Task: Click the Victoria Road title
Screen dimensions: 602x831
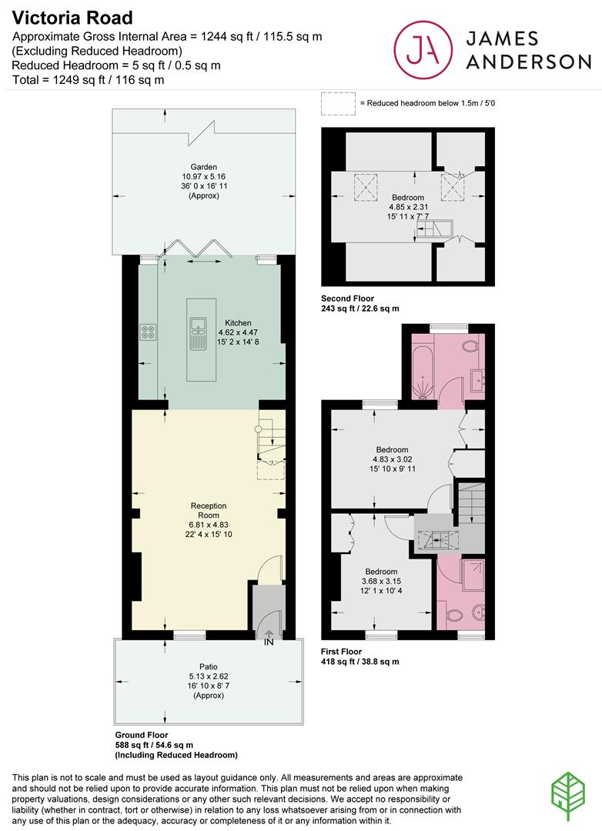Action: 72,18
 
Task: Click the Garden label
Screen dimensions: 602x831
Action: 204,167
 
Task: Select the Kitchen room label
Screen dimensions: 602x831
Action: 238,322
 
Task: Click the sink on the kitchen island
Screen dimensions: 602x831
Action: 199,333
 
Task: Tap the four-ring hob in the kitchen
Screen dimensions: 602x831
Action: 148,332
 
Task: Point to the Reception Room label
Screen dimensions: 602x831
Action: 209,510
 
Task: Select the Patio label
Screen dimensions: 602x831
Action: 209,666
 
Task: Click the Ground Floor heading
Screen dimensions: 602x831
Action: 142,735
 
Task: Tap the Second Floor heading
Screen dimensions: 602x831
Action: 347,299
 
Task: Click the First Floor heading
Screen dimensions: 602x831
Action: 342,652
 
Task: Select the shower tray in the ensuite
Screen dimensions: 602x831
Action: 473,575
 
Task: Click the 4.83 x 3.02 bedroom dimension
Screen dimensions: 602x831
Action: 393,459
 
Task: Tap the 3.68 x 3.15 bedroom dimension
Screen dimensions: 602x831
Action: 381,582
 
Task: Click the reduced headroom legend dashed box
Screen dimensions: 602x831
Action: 338,104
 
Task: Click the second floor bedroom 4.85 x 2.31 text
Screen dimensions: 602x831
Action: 408,207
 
